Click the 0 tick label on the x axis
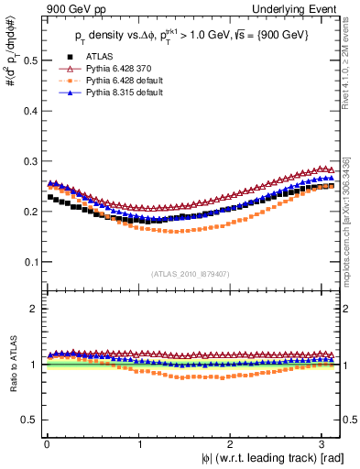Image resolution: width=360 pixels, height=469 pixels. pos(47,443)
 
